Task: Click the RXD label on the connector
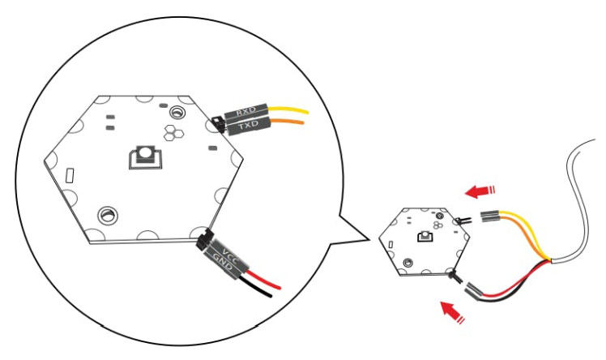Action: coord(246,112)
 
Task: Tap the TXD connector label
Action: coord(248,125)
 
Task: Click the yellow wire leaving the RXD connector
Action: coord(288,109)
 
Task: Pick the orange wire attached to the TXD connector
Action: coord(287,122)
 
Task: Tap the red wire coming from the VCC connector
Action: coord(263,280)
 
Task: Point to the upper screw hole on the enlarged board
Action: coord(177,112)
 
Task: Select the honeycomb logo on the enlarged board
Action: coord(173,132)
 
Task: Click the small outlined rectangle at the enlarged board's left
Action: coord(70,175)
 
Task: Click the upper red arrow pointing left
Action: coord(480,191)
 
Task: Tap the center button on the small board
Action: coord(425,235)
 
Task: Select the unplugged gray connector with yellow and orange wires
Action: coord(490,217)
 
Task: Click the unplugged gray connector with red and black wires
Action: coord(474,290)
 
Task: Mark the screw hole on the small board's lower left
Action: coord(408,263)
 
